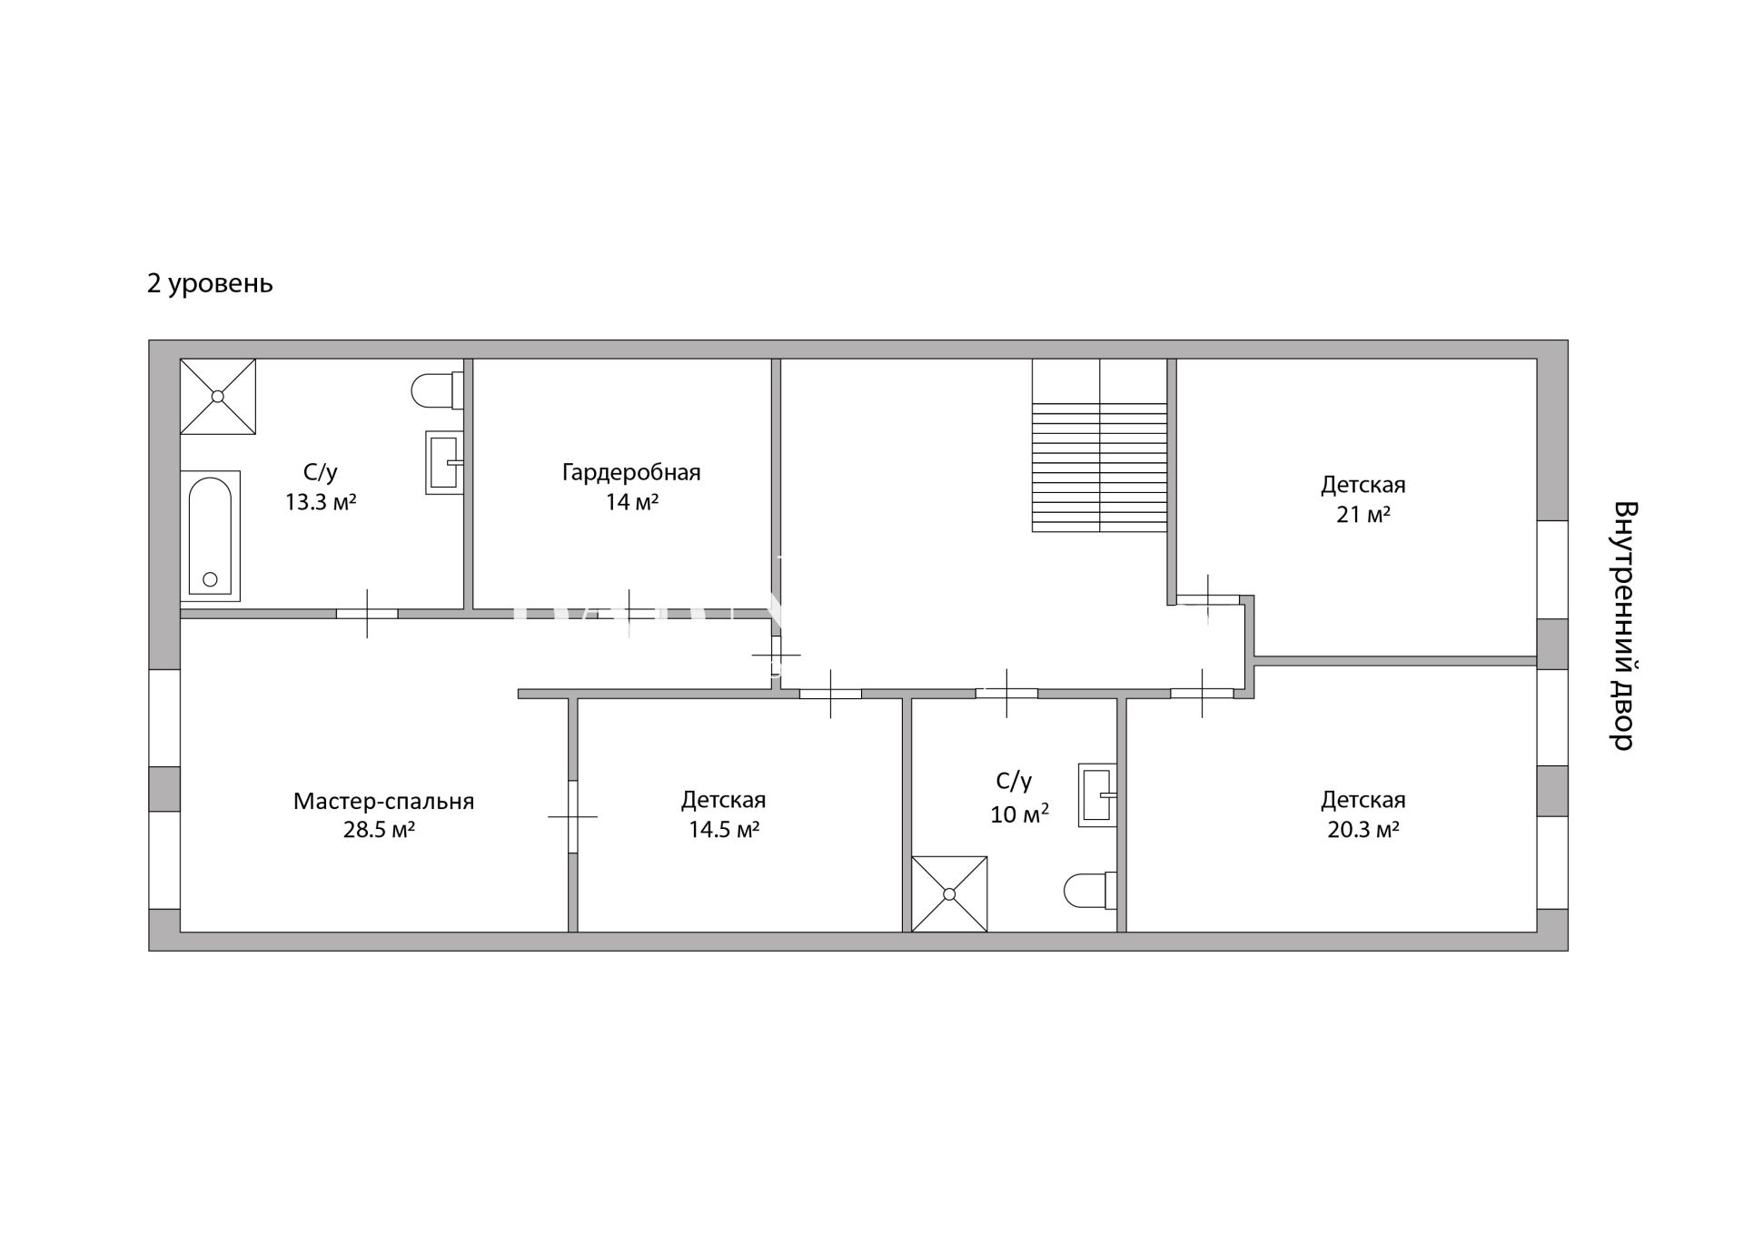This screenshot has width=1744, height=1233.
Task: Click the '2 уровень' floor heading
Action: click(x=210, y=284)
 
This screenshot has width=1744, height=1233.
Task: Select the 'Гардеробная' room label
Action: click(x=631, y=473)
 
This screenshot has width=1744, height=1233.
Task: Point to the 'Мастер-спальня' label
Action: click(x=383, y=802)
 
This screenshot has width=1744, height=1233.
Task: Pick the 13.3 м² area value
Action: click(x=321, y=502)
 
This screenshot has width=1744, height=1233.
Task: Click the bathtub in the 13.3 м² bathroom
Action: click(x=210, y=536)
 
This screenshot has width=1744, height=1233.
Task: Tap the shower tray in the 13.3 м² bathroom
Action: click(x=218, y=396)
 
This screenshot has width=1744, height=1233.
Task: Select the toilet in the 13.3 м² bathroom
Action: click(x=438, y=391)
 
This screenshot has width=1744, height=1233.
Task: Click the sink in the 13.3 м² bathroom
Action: click(x=445, y=462)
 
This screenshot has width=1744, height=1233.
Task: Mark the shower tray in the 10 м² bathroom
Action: click(x=949, y=893)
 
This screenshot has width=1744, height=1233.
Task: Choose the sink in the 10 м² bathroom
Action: click(x=1097, y=794)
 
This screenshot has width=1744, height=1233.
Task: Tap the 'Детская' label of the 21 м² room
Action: click(x=1362, y=485)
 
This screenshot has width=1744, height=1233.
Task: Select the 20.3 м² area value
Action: click(x=1362, y=830)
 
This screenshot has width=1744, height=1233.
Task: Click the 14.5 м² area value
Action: click(x=724, y=830)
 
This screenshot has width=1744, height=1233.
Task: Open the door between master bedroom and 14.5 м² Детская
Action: click(x=573, y=816)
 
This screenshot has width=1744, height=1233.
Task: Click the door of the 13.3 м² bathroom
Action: click(x=367, y=614)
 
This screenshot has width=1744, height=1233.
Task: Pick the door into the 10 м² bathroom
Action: click(x=1006, y=694)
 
